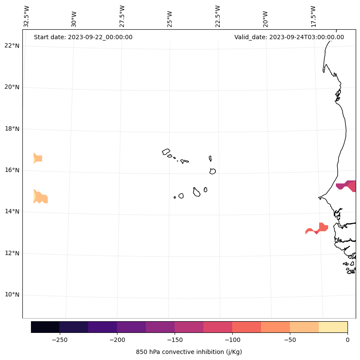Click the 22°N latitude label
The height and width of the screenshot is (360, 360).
12,46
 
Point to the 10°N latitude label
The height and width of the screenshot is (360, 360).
12,295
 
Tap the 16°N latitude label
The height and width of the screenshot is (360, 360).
12,170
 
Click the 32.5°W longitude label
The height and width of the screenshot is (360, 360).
27,16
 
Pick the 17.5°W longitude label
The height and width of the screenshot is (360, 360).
314,16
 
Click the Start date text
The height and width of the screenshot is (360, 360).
83,37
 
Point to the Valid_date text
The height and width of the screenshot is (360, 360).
289,37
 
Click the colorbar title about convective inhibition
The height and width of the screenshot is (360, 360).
189,352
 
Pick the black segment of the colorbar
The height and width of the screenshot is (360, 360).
45,327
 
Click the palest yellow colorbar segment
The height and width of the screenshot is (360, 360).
333,327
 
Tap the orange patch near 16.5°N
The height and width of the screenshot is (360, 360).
38,158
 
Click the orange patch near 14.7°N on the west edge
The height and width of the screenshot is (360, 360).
40,197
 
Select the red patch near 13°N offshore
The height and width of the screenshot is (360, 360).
318,229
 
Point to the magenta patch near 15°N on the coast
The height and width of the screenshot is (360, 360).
347,186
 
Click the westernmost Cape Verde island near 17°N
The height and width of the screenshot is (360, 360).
166,152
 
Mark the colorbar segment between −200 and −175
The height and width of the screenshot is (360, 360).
131,327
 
